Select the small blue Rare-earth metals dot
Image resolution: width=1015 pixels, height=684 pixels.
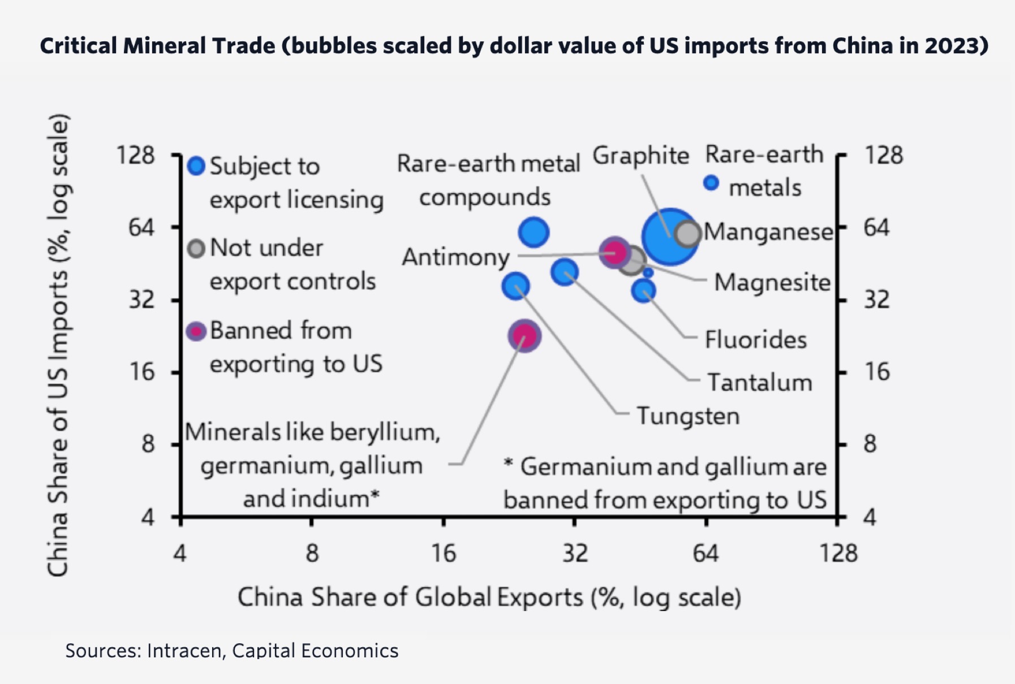pos(711,182)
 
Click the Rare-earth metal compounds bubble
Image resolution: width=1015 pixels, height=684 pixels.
pos(534,232)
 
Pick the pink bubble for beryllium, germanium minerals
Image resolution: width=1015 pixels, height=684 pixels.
pos(524,336)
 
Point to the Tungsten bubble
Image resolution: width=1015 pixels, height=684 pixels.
pos(516,286)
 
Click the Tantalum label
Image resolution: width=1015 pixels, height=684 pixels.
pos(760,382)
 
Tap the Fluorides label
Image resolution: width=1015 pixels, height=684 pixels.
pos(756,340)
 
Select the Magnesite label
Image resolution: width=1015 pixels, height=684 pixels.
pos(772,282)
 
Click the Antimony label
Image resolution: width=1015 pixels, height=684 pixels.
pos(456,257)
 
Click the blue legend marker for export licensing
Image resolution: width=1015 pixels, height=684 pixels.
pos(196,166)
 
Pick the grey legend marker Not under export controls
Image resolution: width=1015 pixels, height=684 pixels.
pos(196,249)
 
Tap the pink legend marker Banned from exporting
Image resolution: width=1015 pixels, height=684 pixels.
pos(196,331)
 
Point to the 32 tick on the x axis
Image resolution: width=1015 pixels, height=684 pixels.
pos(575,553)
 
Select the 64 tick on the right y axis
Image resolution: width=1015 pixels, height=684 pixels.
pos(876,228)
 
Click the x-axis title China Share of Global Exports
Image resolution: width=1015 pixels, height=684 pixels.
pos(489,597)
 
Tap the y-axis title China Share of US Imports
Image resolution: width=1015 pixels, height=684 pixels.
pos(58,345)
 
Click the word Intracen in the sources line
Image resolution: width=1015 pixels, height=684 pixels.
pos(183,651)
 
